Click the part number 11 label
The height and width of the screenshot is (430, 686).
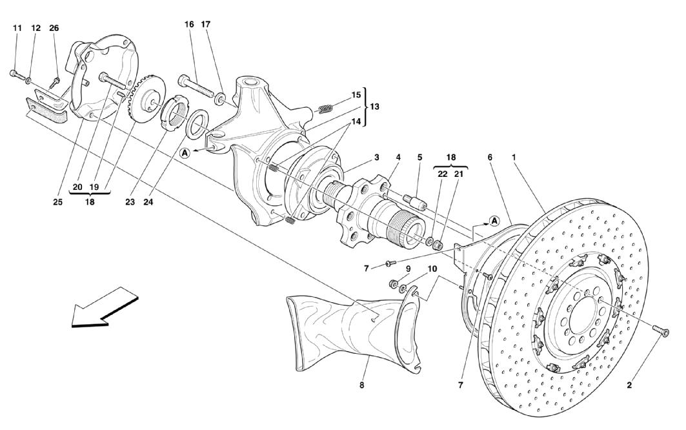[17, 28]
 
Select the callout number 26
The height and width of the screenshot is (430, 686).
[54, 28]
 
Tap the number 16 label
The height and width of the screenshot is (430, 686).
[189, 24]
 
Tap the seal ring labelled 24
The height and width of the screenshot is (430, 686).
[196, 123]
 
